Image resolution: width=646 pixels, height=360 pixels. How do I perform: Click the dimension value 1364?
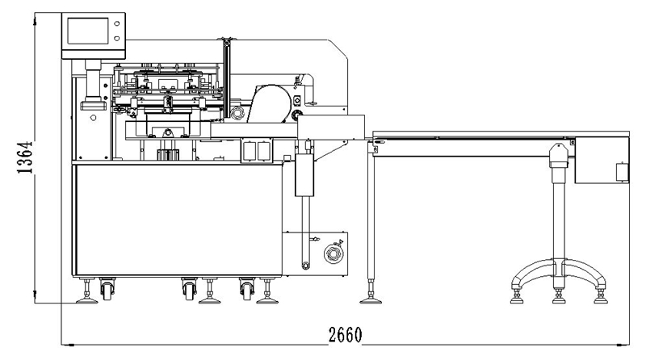click(25, 157)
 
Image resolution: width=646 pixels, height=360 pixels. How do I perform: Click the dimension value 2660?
click(346, 335)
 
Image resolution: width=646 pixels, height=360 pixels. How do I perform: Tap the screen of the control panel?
click(88, 31)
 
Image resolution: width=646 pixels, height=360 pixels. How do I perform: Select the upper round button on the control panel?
click(117, 24)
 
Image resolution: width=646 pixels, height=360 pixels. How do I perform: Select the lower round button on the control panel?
click(117, 38)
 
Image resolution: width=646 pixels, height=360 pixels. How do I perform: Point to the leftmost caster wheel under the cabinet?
click(107, 291)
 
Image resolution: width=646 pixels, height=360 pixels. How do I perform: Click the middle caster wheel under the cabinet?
click(190, 291)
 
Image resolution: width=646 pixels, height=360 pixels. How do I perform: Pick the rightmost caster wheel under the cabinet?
click(247, 291)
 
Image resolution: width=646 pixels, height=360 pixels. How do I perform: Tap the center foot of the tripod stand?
click(559, 298)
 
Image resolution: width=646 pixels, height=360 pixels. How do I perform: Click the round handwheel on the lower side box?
click(333, 253)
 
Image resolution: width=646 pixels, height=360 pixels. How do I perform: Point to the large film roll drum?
click(269, 104)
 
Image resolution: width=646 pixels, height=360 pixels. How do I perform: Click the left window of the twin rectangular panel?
click(250, 151)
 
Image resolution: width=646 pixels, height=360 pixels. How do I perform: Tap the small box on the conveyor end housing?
click(622, 172)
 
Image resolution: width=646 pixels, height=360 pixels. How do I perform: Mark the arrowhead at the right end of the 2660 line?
click(625, 345)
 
